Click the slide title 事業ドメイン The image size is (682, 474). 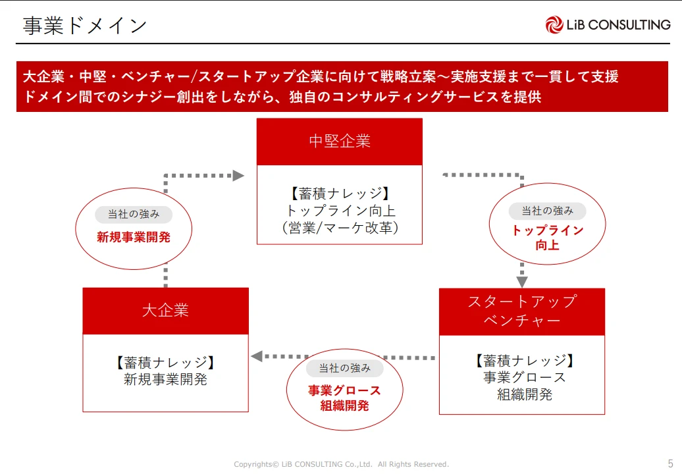(x=85, y=26)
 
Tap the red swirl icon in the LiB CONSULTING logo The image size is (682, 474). (x=554, y=25)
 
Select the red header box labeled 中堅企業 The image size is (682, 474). (x=340, y=142)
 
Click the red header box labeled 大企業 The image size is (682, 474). (x=165, y=310)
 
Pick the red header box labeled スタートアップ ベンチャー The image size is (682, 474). (x=521, y=311)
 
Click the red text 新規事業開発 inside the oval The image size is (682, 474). (x=134, y=238)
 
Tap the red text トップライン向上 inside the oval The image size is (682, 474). (x=547, y=238)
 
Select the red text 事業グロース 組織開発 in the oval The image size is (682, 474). (x=344, y=398)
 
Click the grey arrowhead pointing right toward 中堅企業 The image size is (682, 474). (x=238, y=176)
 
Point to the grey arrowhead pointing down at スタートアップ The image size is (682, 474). (x=522, y=281)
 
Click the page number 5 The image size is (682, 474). (x=670, y=463)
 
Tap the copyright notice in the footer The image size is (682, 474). (x=341, y=464)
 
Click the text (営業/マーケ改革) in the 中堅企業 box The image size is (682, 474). (x=340, y=228)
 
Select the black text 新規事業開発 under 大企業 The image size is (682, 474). (x=165, y=379)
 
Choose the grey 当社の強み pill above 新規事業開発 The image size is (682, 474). (x=134, y=214)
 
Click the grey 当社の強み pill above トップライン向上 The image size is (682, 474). (x=547, y=211)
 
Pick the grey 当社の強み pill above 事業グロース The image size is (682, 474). (x=344, y=368)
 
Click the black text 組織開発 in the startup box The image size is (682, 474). (x=524, y=394)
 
